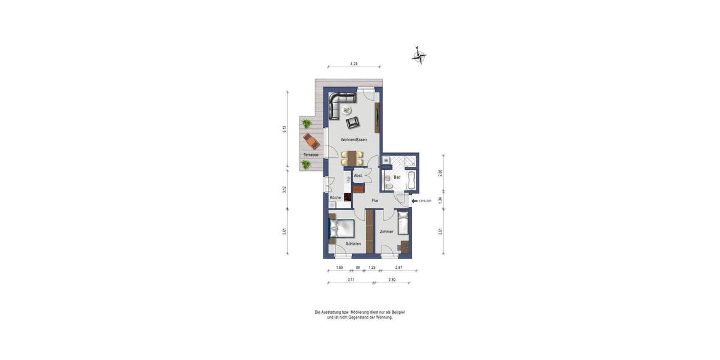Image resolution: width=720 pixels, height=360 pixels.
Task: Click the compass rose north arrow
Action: point(419,56)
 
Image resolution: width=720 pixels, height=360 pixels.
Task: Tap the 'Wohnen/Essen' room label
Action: point(353,140)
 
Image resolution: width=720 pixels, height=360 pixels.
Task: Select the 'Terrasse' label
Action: point(310,155)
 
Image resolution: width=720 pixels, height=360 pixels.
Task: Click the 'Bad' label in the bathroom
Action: point(397,178)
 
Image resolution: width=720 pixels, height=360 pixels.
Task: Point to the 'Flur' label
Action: point(375,200)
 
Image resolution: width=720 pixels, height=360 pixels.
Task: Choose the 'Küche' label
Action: point(335,197)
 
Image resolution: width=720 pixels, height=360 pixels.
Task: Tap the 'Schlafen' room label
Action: point(353,244)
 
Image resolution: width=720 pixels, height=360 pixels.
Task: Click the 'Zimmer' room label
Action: point(386,231)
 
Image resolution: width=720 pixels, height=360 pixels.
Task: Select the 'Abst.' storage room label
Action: point(358,176)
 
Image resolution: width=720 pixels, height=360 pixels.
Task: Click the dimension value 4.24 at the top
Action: point(354,63)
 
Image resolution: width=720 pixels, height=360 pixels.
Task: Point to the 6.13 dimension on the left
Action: point(285,129)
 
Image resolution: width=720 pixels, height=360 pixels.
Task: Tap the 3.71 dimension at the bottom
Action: point(351,280)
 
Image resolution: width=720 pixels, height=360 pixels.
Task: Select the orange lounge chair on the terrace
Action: point(311,141)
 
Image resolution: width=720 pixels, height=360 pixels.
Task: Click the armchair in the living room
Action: point(353,122)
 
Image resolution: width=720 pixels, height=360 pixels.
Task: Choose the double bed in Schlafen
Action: point(340,229)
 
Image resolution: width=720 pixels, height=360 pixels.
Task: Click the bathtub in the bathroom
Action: point(412,178)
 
